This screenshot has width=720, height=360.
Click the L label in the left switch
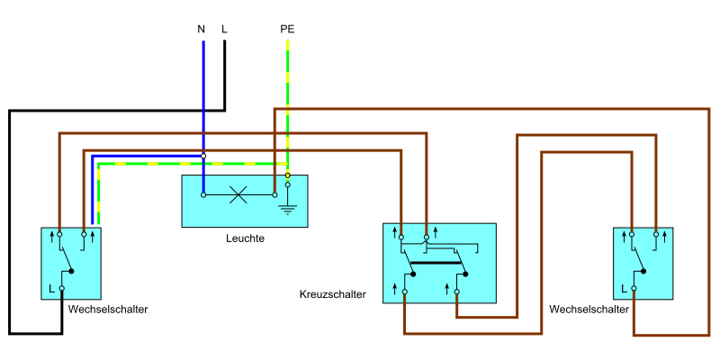(51, 289)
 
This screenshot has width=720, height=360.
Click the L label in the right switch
(624, 289)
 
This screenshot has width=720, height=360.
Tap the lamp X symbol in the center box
(238, 194)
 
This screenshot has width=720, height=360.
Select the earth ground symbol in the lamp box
(287, 208)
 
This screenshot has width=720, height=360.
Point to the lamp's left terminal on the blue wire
(203, 194)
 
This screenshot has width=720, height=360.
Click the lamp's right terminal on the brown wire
(274, 194)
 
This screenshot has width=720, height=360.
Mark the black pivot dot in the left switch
(71, 271)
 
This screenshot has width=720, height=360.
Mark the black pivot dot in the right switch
(643, 271)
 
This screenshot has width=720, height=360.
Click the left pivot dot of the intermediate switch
(413, 274)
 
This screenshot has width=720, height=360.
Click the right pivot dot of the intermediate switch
(465, 274)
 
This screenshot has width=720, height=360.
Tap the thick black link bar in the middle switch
(436, 263)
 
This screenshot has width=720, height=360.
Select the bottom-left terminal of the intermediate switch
(404, 292)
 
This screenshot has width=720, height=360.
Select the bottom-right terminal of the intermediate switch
(456, 292)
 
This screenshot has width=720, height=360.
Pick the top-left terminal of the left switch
(59, 234)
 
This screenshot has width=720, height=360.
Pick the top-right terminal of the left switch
(84, 234)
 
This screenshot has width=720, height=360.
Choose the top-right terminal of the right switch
(656, 234)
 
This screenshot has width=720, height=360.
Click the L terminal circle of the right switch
(634, 288)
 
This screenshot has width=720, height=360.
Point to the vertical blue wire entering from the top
(202, 90)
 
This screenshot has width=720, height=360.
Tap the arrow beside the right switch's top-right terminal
(665, 237)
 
